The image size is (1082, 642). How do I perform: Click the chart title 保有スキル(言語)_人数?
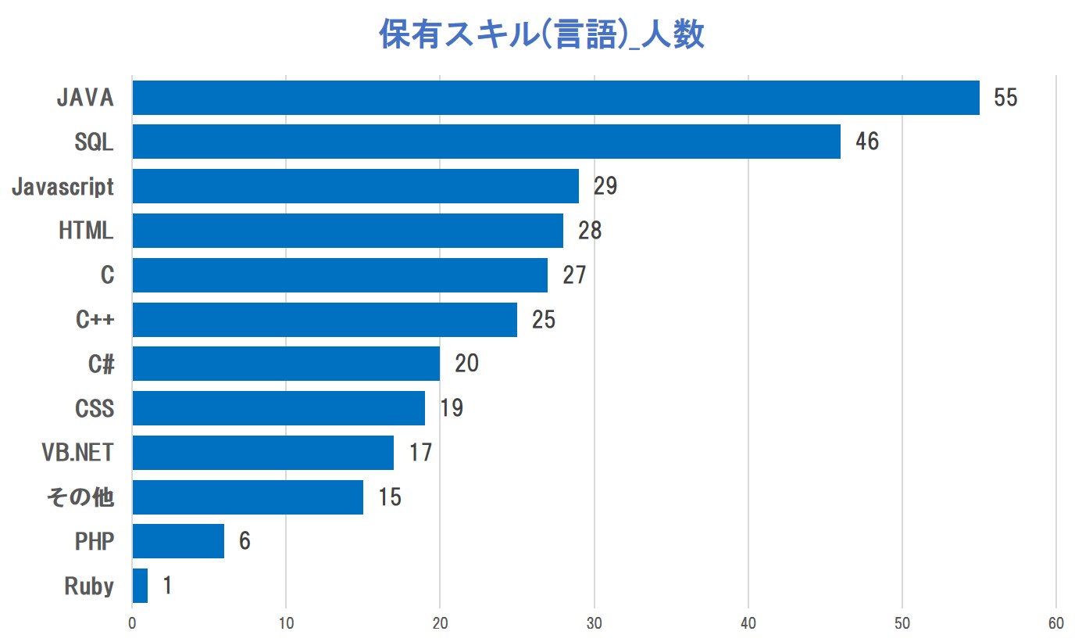(x=541, y=35)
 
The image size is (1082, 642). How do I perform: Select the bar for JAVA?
(x=555, y=98)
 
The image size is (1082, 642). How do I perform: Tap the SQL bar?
(x=486, y=142)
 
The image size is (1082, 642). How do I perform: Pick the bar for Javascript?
(x=355, y=186)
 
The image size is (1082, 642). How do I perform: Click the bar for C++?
(x=324, y=320)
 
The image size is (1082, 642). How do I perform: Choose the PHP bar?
(x=178, y=541)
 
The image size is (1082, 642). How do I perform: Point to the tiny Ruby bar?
(x=140, y=586)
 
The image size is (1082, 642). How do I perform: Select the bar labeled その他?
(x=248, y=497)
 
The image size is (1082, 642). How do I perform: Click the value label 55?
(x=1005, y=98)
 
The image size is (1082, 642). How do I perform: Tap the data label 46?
(x=866, y=142)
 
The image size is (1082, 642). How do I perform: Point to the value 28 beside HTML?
(x=590, y=231)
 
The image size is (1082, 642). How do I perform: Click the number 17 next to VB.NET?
(x=420, y=453)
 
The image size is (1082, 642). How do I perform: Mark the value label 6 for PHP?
(x=245, y=541)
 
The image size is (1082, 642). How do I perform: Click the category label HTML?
(x=86, y=231)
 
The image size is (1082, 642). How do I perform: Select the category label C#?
(x=102, y=364)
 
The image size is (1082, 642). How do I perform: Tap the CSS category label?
(x=95, y=408)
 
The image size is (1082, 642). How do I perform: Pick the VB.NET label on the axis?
(x=78, y=453)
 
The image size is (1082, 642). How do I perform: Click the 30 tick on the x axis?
(x=595, y=624)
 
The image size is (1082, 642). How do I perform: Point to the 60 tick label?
(x=1056, y=624)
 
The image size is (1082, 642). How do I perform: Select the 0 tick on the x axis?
(x=132, y=624)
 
